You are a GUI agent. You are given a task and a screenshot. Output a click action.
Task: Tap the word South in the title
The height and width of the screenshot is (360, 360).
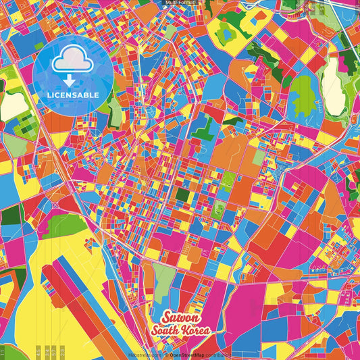coord(167,330)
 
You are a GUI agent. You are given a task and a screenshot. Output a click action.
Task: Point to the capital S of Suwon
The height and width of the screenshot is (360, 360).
coord(165,317)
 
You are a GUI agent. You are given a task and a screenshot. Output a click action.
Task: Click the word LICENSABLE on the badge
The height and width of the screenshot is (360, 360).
coord(72,95)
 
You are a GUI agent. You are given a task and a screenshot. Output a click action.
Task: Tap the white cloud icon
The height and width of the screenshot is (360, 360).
coord(72,63)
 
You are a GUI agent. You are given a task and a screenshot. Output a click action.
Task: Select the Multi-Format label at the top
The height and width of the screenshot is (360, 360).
coord(180,3)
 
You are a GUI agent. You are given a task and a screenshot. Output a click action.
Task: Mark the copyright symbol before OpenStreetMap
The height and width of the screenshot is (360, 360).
coord(166,355)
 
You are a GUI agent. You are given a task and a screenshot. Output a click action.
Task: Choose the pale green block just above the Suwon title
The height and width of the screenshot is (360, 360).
coord(163,277)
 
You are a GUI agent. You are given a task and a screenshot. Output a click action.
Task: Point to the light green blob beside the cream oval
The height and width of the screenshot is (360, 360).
coord(303,91)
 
